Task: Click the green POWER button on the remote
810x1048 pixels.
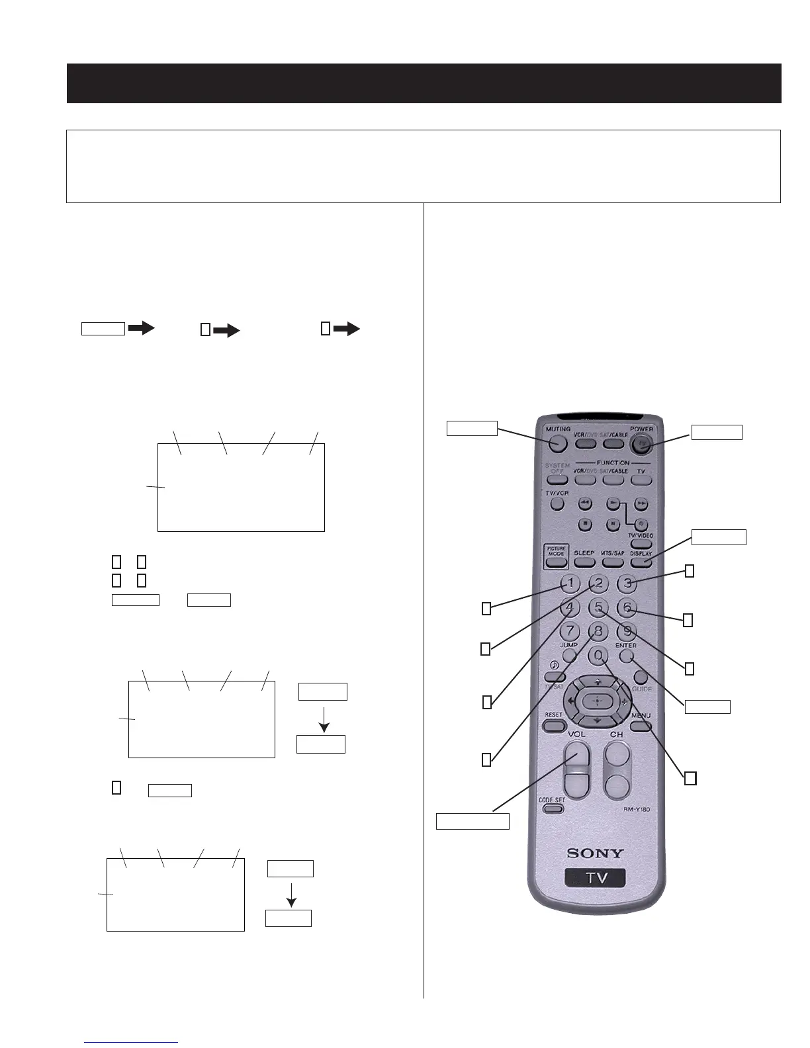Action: (641, 444)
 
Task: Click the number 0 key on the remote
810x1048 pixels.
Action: (598, 656)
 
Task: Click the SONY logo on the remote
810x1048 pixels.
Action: (595, 853)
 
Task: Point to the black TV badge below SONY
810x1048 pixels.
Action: (595, 878)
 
